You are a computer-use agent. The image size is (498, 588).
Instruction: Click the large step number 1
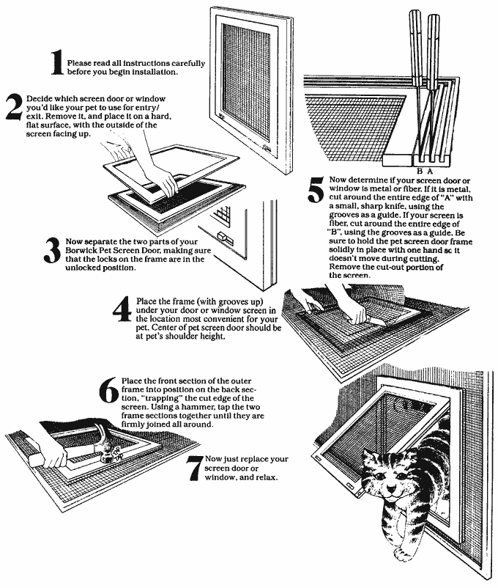(56, 66)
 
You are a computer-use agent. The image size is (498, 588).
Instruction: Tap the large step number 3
(51, 249)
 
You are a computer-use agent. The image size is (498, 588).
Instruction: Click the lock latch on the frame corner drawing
(226, 240)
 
